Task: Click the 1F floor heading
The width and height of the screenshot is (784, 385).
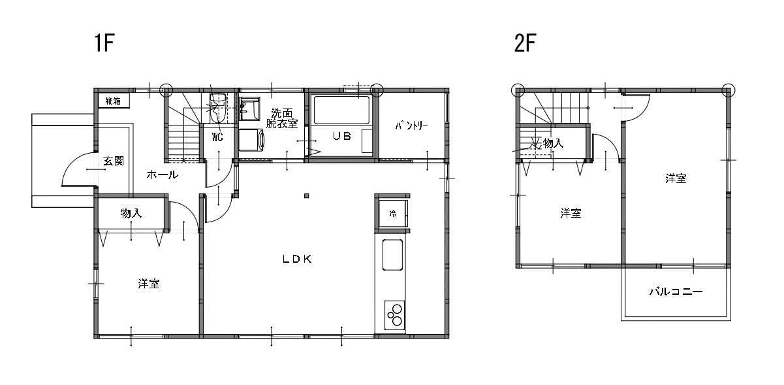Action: [104, 42]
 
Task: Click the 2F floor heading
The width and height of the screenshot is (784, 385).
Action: [525, 42]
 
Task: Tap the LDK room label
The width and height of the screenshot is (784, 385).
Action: [297, 259]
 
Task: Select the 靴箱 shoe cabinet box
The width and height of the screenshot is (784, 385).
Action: [114, 101]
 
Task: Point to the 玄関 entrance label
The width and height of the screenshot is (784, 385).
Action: [114, 161]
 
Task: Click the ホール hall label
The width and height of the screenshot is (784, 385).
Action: [163, 174]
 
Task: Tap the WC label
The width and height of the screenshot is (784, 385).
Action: [217, 137]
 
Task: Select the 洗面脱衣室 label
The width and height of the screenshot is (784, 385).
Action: [282, 118]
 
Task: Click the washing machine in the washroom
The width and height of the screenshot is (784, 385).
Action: [251, 140]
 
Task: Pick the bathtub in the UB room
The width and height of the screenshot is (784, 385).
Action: [342, 110]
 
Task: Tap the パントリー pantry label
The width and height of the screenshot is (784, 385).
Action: [412, 126]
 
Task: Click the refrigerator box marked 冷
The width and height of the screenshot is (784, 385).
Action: [394, 213]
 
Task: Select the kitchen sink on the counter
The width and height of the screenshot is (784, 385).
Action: [392, 255]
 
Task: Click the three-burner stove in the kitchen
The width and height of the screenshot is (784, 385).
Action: [394, 315]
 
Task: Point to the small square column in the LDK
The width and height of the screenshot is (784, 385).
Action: [307, 196]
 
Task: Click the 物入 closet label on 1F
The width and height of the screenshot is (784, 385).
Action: [131, 213]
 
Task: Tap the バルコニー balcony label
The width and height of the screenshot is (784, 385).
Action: [676, 292]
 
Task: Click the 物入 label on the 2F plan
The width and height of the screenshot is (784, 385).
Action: [553, 143]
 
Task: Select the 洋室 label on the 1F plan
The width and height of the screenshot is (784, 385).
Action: [149, 284]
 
